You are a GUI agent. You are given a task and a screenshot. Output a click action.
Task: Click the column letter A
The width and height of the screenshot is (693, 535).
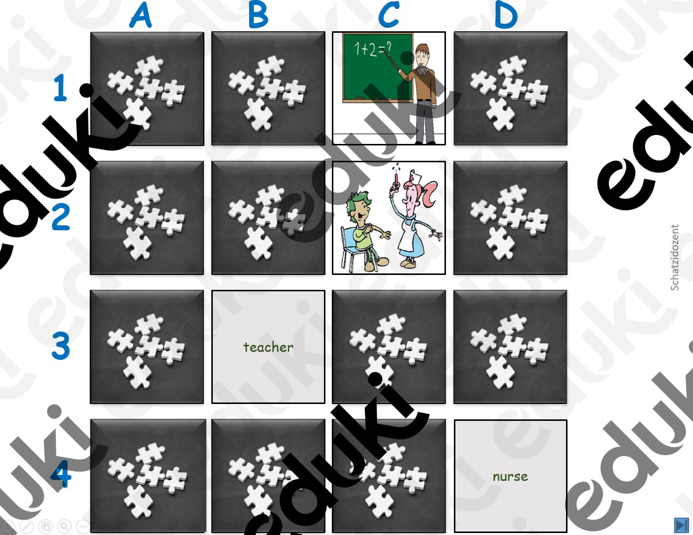pos(141,15)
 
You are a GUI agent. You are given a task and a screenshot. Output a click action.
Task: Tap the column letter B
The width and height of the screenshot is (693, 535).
pos(258,15)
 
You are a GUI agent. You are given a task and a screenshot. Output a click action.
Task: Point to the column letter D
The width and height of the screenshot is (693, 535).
pos(506,15)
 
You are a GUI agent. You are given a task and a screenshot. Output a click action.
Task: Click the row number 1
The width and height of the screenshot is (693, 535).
pos(61,88)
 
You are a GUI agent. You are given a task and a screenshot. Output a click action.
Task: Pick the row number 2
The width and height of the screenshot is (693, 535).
pos(61,217)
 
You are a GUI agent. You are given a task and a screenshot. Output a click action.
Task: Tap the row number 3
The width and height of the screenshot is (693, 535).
pos(61,346)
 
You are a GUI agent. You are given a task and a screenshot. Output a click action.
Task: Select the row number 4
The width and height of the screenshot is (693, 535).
pos(61,474)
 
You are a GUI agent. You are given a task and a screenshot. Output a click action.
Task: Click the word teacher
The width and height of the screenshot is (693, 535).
pos(268,347)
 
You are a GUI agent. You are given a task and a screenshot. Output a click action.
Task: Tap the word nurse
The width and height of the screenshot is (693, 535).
pos(510,476)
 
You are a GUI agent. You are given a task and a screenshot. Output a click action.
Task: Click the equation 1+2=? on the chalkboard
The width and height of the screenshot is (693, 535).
pos(373,50)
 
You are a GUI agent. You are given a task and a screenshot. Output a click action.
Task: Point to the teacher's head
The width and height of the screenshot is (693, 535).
pos(423,55)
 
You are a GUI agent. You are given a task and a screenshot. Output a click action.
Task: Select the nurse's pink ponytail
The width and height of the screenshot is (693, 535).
pos(429,192)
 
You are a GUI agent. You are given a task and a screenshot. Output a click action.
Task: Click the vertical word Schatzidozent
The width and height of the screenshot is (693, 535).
pos(675,258)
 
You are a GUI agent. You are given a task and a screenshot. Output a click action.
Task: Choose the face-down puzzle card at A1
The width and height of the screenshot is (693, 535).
pos(147,89)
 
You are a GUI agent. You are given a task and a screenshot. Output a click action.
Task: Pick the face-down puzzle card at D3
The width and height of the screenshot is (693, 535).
pos(510,347)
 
